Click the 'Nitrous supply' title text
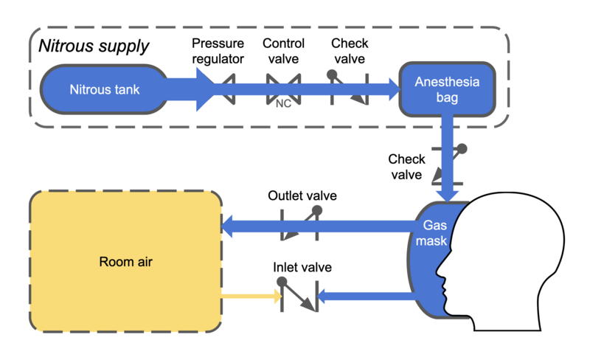[x=94, y=46]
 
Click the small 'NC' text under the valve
[x=283, y=104]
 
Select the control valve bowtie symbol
[x=283, y=89]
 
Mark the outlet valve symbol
[x=301, y=223]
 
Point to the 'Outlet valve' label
[x=302, y=196]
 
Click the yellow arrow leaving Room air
[x=251, y=298]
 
